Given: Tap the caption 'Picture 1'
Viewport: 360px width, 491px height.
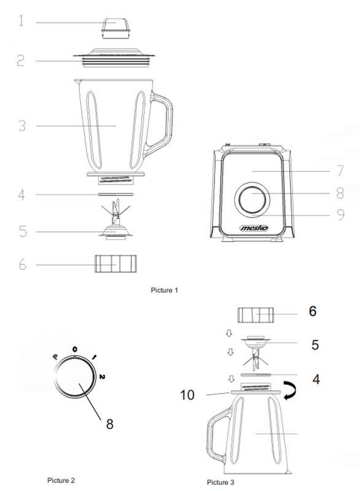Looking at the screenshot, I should coord(165,288).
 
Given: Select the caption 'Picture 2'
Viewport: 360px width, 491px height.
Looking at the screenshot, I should coord(63,477).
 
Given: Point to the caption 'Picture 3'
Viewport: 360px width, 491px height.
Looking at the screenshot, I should coord(220,482).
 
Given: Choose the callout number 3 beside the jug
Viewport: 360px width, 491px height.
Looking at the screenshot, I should coord(22,126).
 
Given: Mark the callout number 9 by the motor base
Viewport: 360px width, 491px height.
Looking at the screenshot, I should coord(336,215).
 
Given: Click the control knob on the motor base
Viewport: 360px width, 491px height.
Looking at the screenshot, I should coord(252,201).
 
